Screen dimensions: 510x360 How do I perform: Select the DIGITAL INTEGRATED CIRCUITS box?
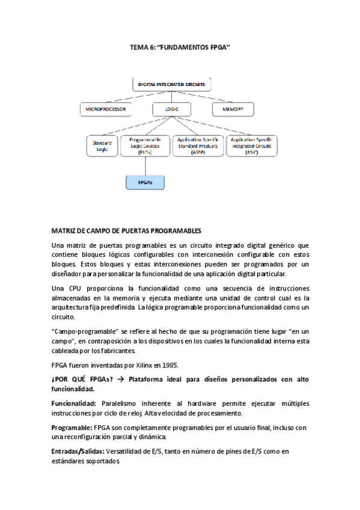[x=171, y=85]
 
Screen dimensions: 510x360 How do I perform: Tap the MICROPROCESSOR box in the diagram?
[x=106, y=109]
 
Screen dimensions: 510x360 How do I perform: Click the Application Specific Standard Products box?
[x=197, y=146]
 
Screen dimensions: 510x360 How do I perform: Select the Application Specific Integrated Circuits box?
[x=251, y=146]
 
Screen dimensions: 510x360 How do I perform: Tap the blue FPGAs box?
[x=144, y=181]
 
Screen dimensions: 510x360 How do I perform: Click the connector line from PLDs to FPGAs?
[x=144, y=165]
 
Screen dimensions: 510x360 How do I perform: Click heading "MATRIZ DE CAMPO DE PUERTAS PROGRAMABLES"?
[x=126, y=230]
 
